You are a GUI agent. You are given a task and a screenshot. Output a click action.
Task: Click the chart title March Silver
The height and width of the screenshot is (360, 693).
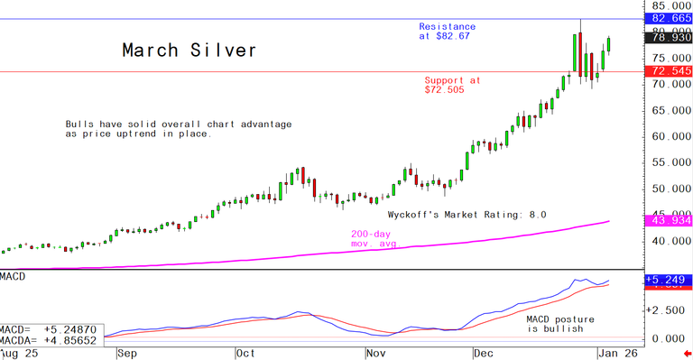click(189, 51)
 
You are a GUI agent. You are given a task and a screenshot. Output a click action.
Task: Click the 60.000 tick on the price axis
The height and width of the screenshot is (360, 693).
click(669, 137)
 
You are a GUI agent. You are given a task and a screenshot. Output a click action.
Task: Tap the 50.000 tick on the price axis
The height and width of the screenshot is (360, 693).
click(669, 189)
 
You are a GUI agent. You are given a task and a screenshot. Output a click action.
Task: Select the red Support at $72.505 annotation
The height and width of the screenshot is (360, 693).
click(452, 85)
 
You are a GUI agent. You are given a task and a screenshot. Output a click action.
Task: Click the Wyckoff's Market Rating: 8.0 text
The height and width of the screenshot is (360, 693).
click(467, 215)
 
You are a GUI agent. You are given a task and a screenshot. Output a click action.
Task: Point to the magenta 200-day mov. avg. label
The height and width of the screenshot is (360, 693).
click(375, 238)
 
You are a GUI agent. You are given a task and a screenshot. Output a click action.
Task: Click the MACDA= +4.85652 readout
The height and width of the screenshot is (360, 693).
click(51, 342)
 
